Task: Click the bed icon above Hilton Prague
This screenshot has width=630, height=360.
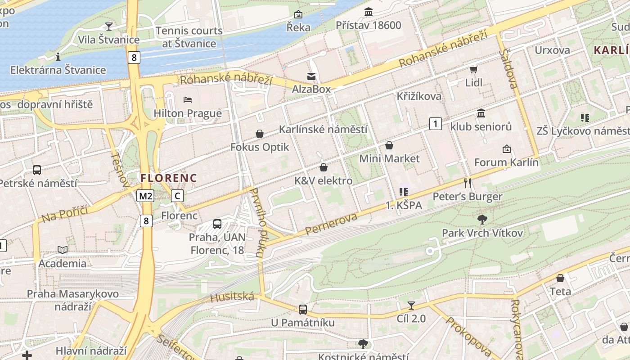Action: click(x=188, y=99)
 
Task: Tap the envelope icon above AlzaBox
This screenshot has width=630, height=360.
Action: click(x=311, y=76)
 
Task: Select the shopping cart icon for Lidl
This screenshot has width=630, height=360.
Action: click(x=473, y=69)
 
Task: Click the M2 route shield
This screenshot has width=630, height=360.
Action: click(x=146, y=196)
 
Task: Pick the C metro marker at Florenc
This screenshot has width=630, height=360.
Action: click(x=178, y=196)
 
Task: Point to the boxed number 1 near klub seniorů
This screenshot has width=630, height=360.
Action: click(x=435, y=123)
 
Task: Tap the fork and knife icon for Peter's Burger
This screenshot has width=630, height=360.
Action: click(x=468, y=183)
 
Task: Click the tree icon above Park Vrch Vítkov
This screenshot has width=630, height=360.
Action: click(x=482, y=220)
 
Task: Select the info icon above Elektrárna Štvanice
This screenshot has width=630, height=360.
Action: click(x=58, y=57)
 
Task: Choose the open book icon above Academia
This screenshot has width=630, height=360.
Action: click(x=63, y=250)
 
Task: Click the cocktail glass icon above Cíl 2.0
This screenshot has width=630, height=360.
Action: click(x=411, y=306)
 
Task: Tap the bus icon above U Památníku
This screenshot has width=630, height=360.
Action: click(x=303, y=310)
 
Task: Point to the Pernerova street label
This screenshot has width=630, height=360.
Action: click(x=331, y=224)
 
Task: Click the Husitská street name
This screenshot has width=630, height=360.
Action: click(x=232, y=297)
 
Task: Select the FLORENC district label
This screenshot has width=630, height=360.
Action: click(x=169, y=178)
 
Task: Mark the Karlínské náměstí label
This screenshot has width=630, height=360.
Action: click(x=323, y=130)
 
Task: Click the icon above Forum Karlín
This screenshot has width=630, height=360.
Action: click(x=506, y=149)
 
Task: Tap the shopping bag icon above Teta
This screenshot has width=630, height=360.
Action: click(x=560, y=278)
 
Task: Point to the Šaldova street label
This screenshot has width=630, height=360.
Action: click(x=508, y=68)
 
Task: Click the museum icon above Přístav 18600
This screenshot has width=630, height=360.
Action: click(x=369, y=11)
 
